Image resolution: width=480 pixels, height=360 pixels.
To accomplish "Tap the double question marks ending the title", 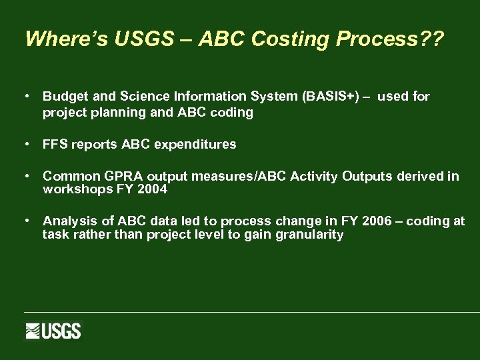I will [x=431, y=39].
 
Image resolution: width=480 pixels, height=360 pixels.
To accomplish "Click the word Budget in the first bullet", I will [x=63, y=97].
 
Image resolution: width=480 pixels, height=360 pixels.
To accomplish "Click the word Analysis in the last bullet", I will [x=67, y=221].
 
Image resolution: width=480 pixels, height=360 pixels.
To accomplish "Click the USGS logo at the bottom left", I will [x=53, y=331].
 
